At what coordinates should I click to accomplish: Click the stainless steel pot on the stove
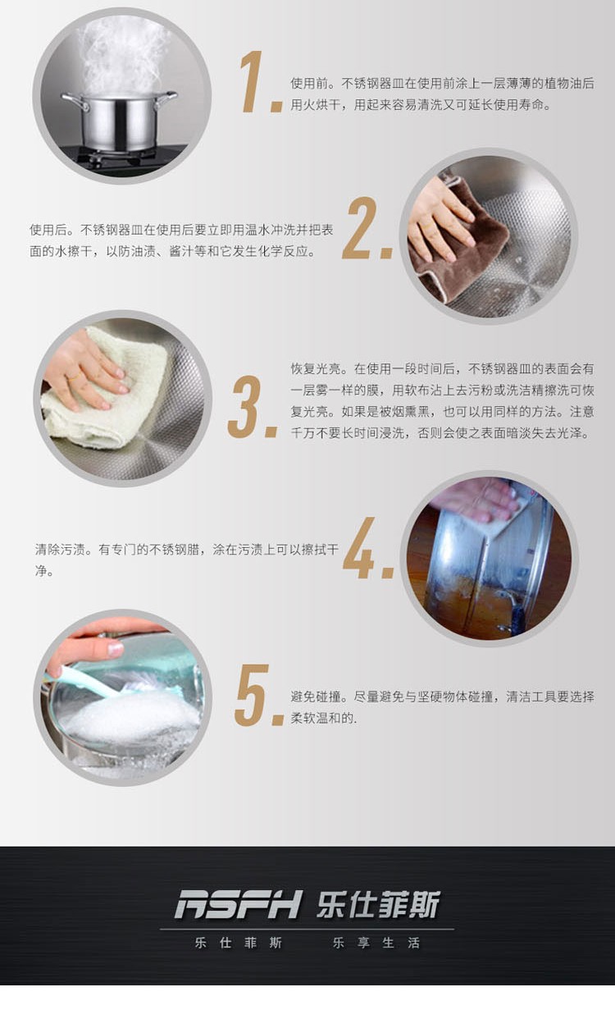[x=119, y=121]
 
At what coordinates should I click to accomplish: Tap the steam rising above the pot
[x=121, y=54]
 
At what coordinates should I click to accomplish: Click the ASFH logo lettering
[x=238, y=904]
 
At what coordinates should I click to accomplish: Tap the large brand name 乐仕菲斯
[x=378, y=904]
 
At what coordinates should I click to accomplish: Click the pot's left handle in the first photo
[x=75, y=102]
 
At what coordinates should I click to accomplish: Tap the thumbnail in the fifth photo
[x=115, y=649]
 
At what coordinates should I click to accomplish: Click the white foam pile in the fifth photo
[x=130, y=718]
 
